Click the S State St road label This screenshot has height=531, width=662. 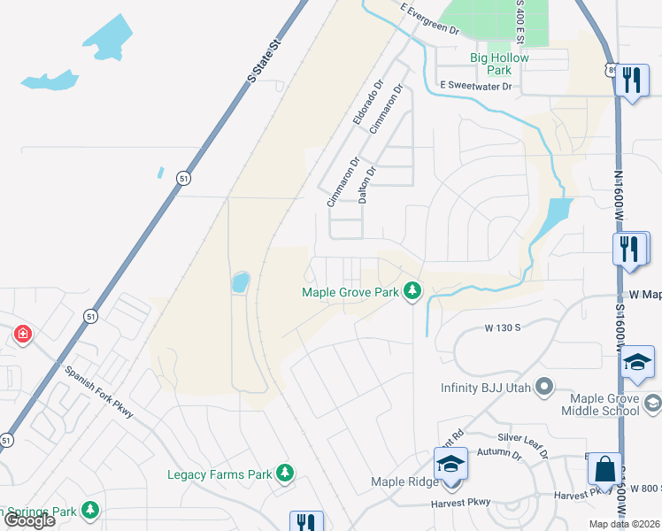[264, 59]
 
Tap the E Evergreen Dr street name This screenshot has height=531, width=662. [430, 19]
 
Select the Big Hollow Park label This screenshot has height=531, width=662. [499, 64]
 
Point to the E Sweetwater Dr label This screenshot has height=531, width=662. [476, 86]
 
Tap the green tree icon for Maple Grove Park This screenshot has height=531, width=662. [412, 290]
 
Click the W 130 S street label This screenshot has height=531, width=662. [502, 327]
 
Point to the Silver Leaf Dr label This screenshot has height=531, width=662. [523, 444]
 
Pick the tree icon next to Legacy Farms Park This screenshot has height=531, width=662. [284, 474]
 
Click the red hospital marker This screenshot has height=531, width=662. [22, 335]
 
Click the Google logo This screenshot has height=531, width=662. [29, 520]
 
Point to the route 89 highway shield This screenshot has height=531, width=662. [612, 70]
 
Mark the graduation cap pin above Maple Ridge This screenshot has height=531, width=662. [450, 464]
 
